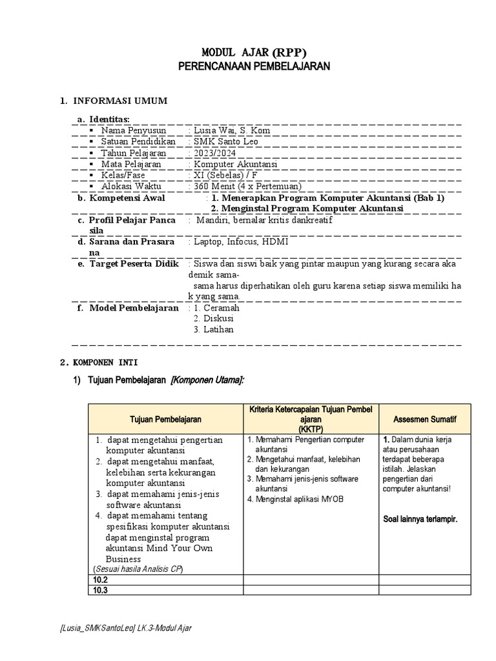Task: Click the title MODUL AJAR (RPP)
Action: tap(254, 52)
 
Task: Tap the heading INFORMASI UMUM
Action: tap(119, 101)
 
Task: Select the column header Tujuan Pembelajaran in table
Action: tap(165, 419)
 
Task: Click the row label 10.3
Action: tap(100, 590)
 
